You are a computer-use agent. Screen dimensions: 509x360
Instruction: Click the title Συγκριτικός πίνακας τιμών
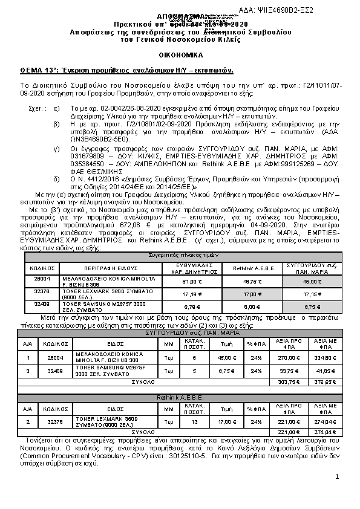click(x=180, y=256)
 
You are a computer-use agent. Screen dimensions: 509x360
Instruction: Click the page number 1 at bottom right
click(x=337, y=478)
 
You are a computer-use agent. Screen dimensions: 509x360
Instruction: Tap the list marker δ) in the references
click(x=56, y=162)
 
